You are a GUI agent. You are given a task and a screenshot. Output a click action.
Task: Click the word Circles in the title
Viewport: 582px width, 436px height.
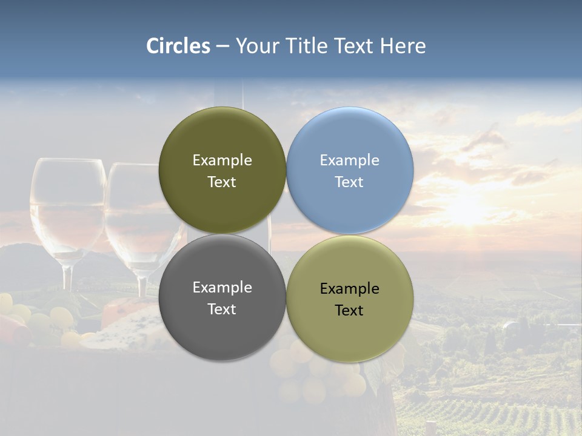pos(178,45)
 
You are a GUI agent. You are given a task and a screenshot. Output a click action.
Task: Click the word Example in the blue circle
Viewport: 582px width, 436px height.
pos(350,160)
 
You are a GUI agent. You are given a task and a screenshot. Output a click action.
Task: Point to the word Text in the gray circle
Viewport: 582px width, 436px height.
pos(222,309)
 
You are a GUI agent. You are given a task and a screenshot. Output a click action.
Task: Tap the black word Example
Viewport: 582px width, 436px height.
pos(350,288)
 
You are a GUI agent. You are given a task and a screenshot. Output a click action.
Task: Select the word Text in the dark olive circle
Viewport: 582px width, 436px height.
pos(222,182)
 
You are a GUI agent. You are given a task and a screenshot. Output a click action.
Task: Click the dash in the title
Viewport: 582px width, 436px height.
pos(222,46)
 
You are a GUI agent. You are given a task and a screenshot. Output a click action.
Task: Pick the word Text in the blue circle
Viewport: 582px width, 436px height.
pos(350,182)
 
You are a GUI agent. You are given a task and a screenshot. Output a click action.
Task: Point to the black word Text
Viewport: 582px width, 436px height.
pos(350,310)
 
